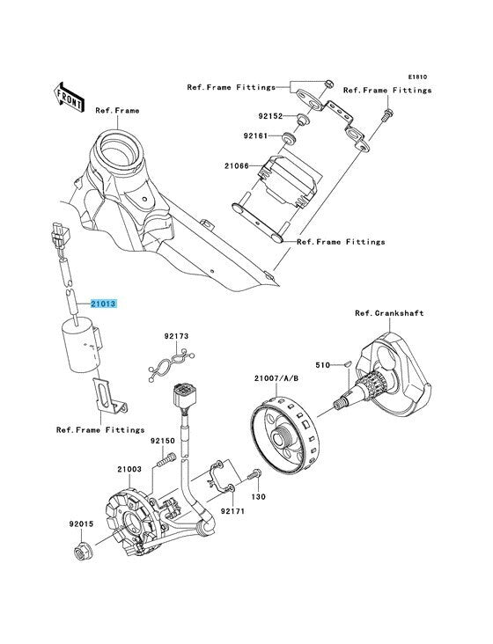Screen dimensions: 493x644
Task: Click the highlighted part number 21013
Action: point(104,304)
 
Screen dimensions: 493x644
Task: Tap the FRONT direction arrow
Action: point(69,97)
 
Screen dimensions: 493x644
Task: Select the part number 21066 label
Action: point(237,166)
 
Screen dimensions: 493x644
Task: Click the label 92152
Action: point(271,116)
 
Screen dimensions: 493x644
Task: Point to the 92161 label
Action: point(255,135)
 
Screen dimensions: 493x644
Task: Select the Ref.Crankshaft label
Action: point(389,313)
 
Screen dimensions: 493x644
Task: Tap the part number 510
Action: point(322,365)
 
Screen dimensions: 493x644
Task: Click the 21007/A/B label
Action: point(276,377)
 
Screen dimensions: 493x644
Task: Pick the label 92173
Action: point(176,336)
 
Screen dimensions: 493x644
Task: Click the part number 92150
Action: point(162,441)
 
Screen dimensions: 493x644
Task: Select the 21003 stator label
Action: point(129,469)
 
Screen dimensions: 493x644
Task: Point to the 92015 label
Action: point(81,524)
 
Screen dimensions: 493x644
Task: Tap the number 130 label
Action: point(259,497)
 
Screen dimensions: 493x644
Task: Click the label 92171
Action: point(232,511)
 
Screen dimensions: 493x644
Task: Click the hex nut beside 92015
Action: point(83,552)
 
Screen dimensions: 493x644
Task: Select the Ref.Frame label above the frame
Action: point(117,111)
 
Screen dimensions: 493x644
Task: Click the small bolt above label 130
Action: point(254,474)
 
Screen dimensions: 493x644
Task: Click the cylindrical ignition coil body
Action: point(81,345)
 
